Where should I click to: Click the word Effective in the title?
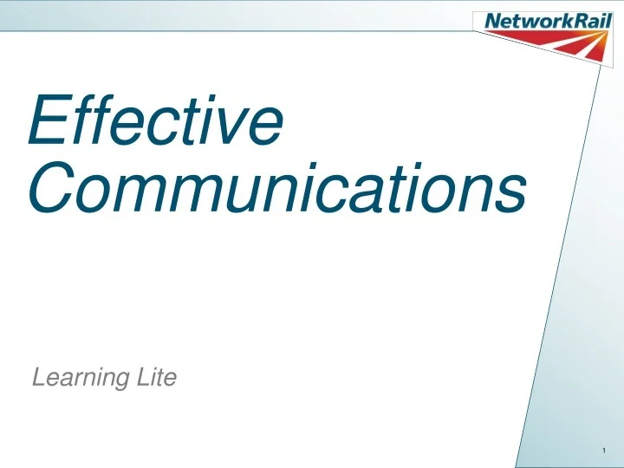(156, 123)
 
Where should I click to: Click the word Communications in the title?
(277, 189)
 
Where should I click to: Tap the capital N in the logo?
(491, 21)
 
